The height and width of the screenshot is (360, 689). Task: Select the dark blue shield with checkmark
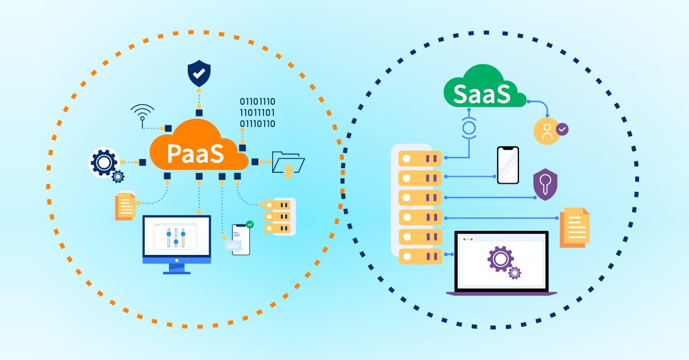tap(199, 74)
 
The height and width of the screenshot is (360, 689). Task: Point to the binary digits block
tap(257, 113)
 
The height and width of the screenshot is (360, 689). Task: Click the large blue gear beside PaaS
tap(103, 163)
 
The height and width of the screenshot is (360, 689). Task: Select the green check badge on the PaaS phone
tap(250, 224)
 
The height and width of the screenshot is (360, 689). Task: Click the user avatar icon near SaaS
tap(547, 131)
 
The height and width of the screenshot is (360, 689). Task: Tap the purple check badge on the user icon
tap(563, 129)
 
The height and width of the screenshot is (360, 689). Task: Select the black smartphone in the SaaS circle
tap(508, 165)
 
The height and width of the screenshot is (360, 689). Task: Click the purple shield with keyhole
tap(545, 184)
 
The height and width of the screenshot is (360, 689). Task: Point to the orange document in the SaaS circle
tap(575, 227)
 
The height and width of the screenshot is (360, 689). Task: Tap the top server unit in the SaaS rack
tap(420, 157)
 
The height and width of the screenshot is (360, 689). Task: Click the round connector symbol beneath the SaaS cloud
tap(470, 127)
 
